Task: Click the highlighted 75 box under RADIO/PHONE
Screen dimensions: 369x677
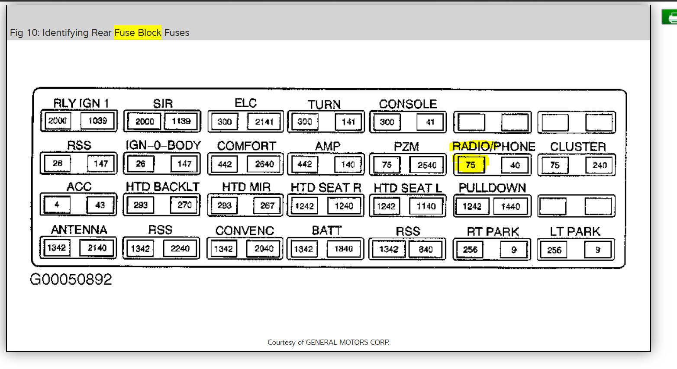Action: (471, 165)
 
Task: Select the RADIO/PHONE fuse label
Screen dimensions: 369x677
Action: (493, 147)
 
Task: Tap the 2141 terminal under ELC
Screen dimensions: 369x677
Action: (264, 122)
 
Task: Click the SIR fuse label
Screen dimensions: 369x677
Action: (163, 103)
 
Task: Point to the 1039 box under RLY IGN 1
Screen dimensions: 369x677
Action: (98, 121)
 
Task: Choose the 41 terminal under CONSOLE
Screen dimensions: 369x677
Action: (430, 122)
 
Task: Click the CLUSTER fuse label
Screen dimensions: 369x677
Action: (577, 147)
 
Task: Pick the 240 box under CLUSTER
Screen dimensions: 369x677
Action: (600, 165)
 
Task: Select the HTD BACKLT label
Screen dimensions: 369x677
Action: (162, 187)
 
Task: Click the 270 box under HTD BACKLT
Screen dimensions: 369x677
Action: (184, 205)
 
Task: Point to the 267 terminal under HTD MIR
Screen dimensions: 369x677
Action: (267, 205)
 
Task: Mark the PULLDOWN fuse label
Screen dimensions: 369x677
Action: (492, 188)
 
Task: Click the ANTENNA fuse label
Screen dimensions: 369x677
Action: (79, 230)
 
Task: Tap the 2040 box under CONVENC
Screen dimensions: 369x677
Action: (264, 249)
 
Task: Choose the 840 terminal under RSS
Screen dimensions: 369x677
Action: (426, 249)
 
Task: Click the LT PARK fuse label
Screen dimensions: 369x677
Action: (575, 231)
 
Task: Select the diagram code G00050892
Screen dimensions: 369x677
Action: (71, 279)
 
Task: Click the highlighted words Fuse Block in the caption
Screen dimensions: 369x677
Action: (138, 32)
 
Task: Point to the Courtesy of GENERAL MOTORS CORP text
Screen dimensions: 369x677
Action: (328, 342)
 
